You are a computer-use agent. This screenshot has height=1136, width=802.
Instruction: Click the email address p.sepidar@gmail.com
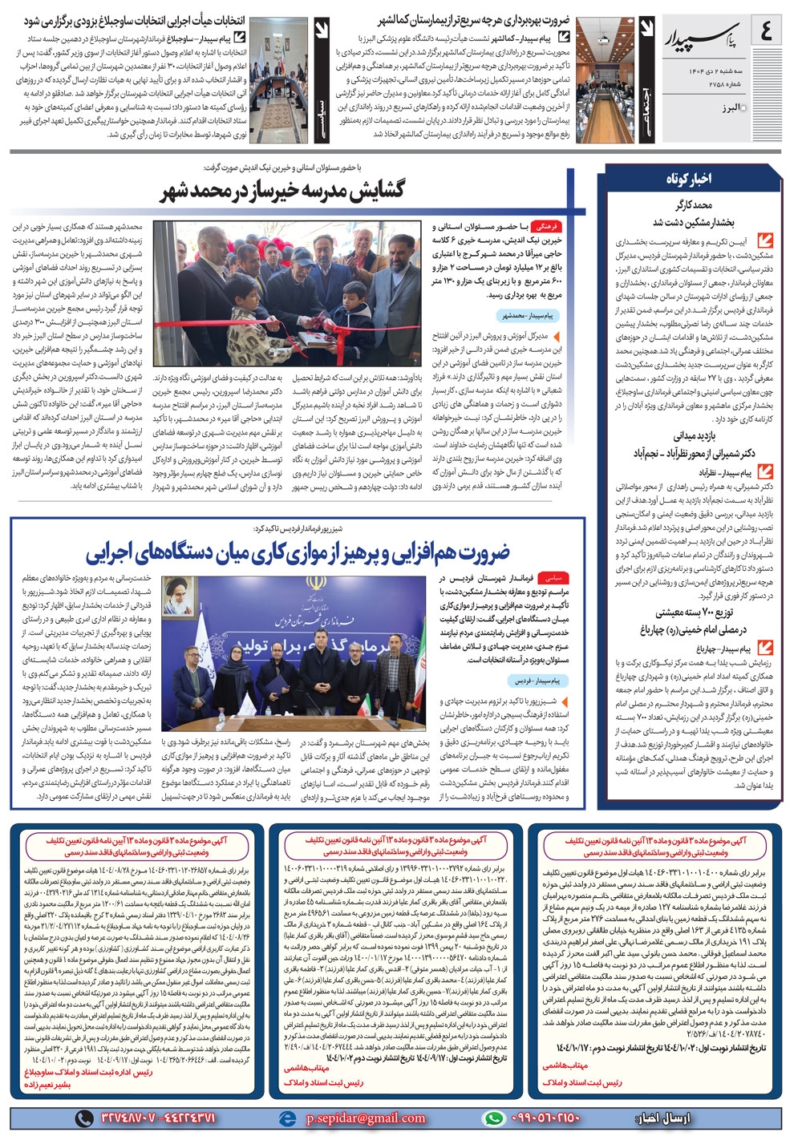pos(366,1118)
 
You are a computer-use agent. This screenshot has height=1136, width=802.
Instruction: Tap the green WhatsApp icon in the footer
pos(493,1118)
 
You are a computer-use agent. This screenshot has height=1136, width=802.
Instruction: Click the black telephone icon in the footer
pos(83,1118)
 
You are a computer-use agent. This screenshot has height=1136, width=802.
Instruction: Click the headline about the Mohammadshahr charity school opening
pos(282,191)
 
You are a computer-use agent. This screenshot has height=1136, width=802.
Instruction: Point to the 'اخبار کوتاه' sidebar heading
pos(688,178)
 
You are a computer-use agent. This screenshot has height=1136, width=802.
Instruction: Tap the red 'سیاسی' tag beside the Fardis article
pos(553,577)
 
